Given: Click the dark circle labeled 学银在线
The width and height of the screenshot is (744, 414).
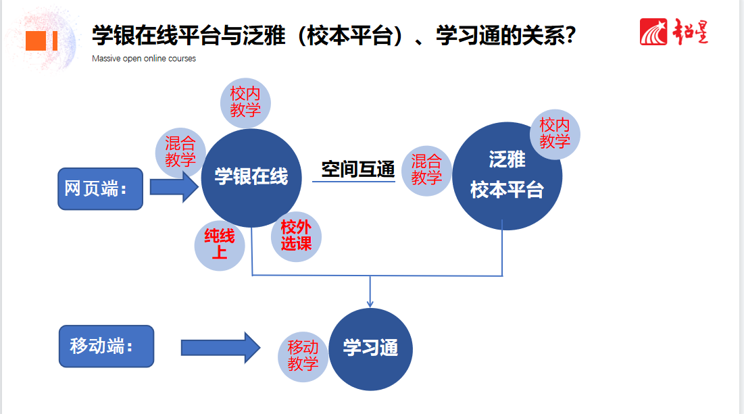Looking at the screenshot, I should point(251,178).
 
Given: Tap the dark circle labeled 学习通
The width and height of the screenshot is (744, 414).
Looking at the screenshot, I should point(370,349).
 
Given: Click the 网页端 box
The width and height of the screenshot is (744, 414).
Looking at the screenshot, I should point(100,188).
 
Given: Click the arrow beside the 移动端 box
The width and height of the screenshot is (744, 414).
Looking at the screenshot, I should point(220,348).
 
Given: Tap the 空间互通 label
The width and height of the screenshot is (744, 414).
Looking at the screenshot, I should point(357,169).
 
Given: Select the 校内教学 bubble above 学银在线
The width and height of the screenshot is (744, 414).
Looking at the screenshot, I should point(245,103).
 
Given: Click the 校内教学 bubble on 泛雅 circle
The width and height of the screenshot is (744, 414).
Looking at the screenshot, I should point(555,134).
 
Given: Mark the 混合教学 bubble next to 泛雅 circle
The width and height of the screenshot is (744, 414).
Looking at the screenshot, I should point(426,170).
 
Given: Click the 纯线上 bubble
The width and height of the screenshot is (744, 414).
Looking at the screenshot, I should point(220,244).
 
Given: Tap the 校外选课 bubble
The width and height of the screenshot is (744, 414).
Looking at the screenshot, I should point(296,236).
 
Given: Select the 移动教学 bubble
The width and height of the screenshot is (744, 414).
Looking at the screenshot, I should point(303,356).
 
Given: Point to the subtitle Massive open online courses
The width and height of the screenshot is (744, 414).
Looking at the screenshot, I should point(144,59).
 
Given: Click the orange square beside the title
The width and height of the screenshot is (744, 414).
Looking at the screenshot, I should point(35,41).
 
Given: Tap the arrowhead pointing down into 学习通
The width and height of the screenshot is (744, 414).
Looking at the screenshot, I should point(370,303).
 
